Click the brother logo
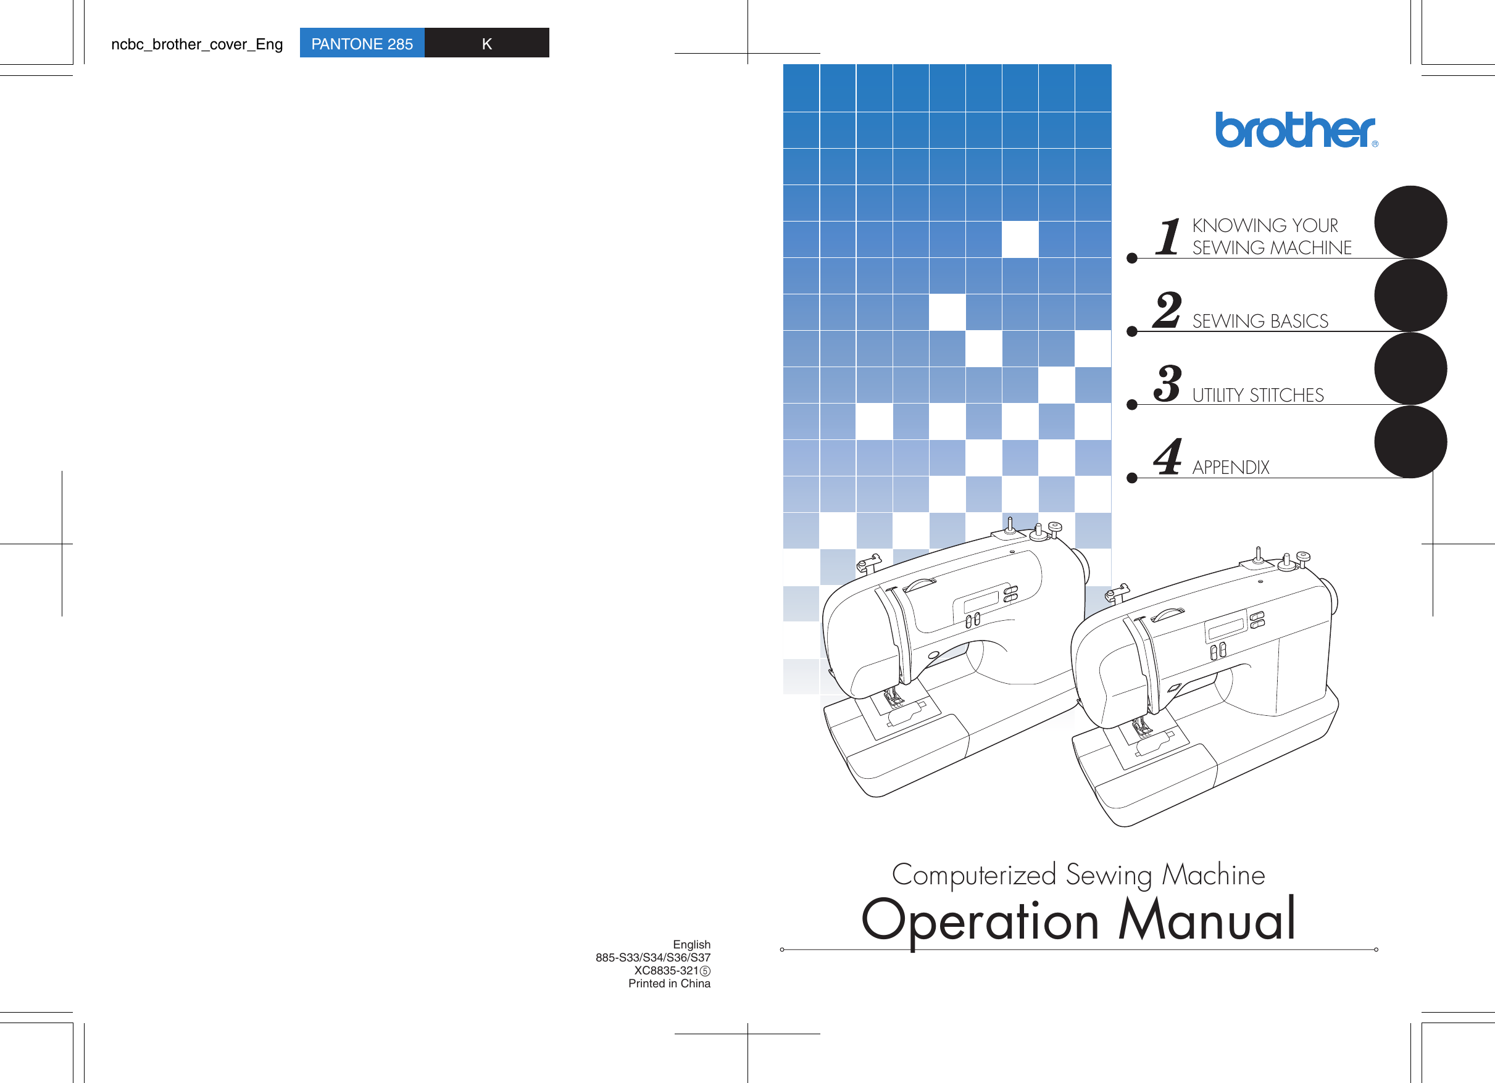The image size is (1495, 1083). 1294,130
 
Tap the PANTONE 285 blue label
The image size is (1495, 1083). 362,43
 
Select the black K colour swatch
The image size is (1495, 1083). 486,43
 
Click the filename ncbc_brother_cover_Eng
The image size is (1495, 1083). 196,44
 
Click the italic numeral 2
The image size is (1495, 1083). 1167,310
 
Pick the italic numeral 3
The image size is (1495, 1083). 1167,383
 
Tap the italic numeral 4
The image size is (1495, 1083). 1167,456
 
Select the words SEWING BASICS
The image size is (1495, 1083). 1260,321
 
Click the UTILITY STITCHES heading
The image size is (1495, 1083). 1258,395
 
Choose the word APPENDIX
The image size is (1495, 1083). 1230,467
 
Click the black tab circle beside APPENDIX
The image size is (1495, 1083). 1410,442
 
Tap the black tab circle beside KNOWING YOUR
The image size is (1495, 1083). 1410,222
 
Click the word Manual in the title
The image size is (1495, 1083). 1207,919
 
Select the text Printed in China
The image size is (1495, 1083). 668,984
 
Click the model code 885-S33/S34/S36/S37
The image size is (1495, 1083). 652,957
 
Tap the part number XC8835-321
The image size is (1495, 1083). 666,970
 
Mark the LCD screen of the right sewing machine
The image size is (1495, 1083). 1225,629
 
